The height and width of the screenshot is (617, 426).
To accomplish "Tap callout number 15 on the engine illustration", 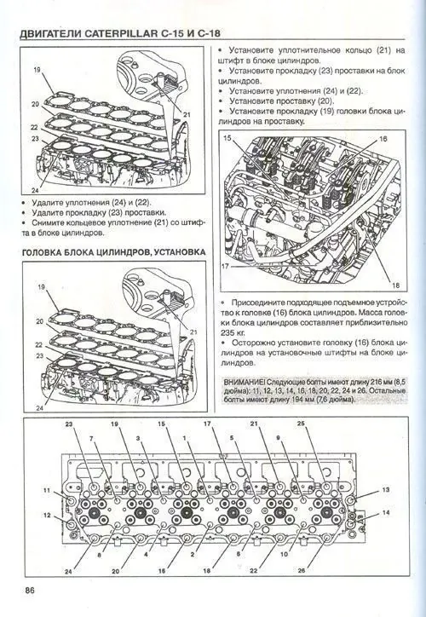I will point(227,137).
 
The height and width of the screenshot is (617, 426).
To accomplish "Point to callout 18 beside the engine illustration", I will point(396,285).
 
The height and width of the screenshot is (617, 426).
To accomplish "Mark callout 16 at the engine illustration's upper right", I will point(383,137).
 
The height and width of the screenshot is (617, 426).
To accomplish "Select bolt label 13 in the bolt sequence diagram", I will point(385,491).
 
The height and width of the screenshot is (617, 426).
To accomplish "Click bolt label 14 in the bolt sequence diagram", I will point(385,513).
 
